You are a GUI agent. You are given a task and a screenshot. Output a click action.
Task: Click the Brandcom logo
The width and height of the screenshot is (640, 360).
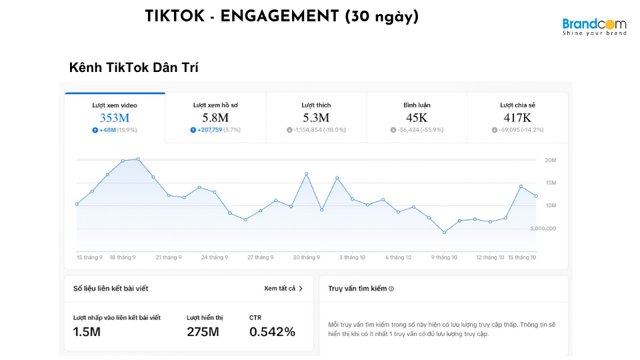coord(594,26)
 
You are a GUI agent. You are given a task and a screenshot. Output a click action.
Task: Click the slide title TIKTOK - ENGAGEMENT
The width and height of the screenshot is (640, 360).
coord(281,17)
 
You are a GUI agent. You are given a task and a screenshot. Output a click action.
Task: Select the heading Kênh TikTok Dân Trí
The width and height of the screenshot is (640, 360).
coord(134,68)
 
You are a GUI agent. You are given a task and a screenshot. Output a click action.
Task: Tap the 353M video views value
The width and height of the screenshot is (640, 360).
coord(115,118)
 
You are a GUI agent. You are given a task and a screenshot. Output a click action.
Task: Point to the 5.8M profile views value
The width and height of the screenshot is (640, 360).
coord(215,118)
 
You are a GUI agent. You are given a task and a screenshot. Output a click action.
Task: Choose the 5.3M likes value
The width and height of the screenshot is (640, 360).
coord(316,118)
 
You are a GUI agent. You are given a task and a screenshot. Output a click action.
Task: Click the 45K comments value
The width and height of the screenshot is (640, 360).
coord(417,118)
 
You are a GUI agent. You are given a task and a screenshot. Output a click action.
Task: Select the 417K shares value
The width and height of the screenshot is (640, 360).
coord(517,118)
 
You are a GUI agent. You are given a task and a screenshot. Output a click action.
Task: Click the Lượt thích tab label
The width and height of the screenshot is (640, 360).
coord(316,105)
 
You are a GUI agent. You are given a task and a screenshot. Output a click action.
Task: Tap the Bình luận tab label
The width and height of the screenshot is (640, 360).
coord(417,105)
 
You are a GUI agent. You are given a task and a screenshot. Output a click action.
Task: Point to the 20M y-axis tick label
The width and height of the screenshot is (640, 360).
coord(551,160)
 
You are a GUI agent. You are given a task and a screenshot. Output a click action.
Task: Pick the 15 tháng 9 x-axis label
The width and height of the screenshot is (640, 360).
coord(89,257)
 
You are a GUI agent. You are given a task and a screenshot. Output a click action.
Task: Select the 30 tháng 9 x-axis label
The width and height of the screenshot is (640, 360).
coord(307,257)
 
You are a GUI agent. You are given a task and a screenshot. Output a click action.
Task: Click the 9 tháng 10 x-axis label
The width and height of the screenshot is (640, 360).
coord(444,257)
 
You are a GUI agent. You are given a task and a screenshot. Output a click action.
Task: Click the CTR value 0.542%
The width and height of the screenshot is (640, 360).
coord(272,331)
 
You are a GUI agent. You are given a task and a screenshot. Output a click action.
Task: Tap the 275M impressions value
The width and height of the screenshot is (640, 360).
coord(203,331)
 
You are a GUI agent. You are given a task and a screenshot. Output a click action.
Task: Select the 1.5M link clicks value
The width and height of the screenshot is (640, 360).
coord(87,331)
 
